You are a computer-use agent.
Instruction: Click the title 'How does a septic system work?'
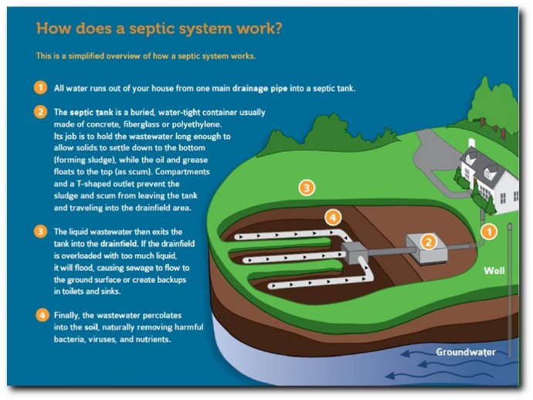point(158,29)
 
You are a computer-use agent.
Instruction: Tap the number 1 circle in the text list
point(40,87)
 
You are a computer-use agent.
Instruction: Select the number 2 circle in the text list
point(40,112)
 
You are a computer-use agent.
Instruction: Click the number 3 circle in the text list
point(40,232)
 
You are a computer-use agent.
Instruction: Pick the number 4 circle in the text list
point(40,315)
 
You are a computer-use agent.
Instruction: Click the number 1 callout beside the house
point(487,231)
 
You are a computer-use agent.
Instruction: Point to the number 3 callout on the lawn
point(307,188)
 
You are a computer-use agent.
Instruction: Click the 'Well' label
point(494,271)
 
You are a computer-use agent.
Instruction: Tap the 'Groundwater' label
point(464,352)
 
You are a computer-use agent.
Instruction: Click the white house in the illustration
point(489,178)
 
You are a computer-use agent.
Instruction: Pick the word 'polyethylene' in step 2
point(236,124)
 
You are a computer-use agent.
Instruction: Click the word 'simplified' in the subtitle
point(86,56)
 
